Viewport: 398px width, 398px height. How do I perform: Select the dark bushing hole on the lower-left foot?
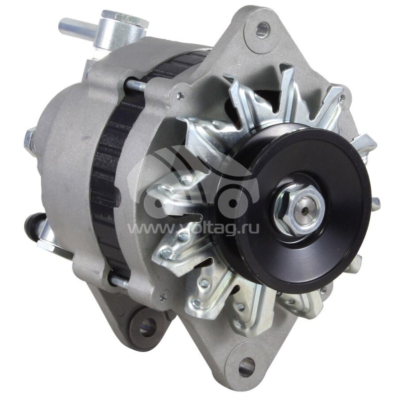148,326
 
